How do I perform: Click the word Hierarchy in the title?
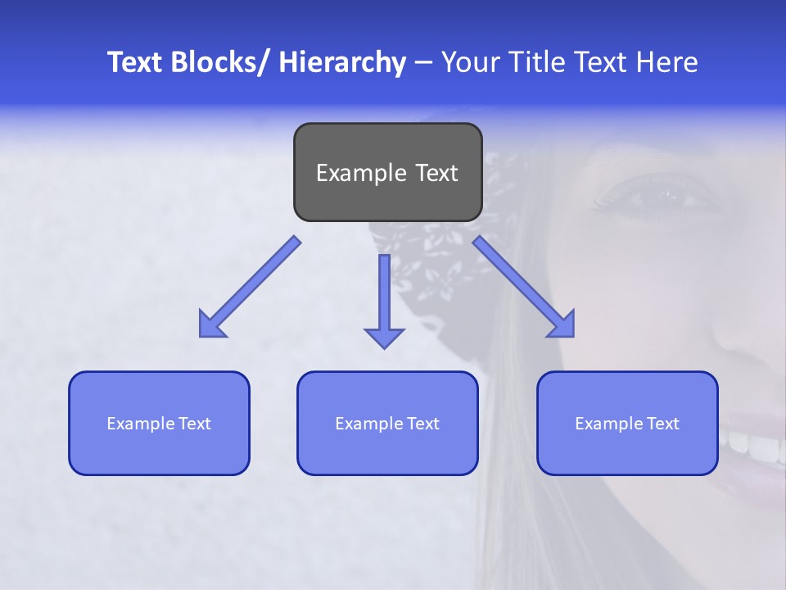pos(342,63)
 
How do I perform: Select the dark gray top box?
pos(387,172)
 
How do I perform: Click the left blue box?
pos(159,423)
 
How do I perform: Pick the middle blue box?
pos(387,423)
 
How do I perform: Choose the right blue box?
pos(627,423)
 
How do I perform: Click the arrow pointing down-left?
pos(249,288)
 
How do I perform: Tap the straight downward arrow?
pos(384,299)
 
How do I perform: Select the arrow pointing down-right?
pos(524,288)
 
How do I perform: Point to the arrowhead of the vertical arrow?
pos(384,337)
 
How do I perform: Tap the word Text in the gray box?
pos(434,173)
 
